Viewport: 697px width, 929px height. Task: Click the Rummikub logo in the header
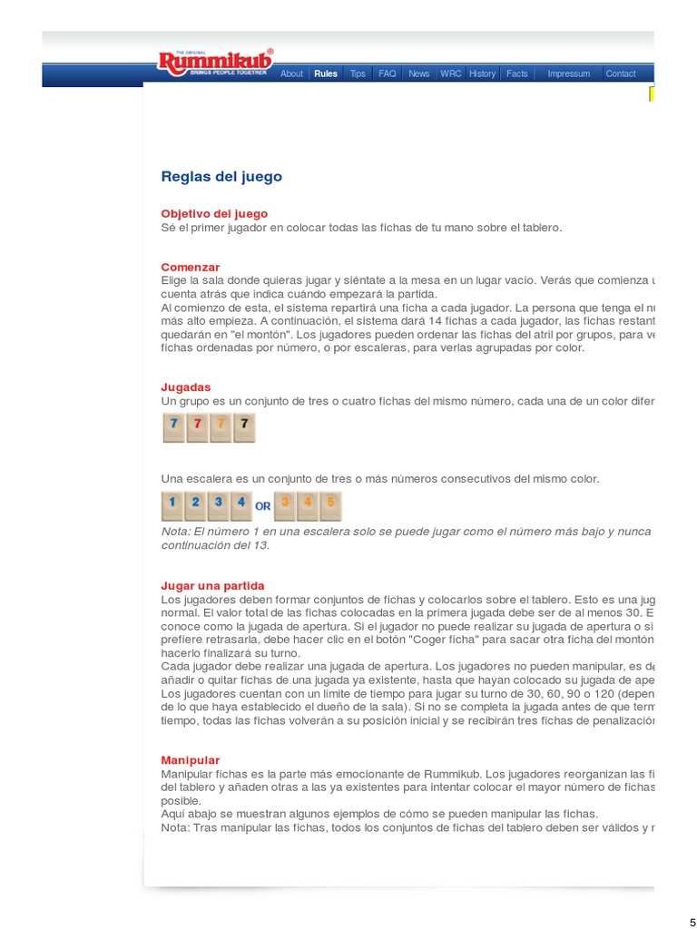pos(214,63)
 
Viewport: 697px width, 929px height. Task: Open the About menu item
pos(291,74)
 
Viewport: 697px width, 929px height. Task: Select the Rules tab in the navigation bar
pos(326,74)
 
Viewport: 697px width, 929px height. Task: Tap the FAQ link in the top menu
pos(388,74)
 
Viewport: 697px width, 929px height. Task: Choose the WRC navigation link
pos(450,74)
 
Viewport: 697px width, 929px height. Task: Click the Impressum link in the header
pos(568,74)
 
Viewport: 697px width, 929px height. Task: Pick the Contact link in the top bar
pos(621,74)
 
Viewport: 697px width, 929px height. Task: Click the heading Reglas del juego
pos(221,177)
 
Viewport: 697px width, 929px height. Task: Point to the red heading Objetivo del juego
pos(214,214)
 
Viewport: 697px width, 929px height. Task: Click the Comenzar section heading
pos(191,268)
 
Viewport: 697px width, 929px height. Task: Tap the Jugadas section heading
pos(186,387)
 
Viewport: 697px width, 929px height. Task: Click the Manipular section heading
pos(191,760)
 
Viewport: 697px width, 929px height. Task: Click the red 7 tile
pos(198,427)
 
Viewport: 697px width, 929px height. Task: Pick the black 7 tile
pos(244,427)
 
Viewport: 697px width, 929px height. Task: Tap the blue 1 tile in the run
pos(173,504)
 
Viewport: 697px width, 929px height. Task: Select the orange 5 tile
pos(329,504)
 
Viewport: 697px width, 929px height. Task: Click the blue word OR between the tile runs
pos(263,506)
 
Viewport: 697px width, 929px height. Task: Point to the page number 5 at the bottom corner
pos(692,922)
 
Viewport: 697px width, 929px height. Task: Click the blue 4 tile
pos(241,504)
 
